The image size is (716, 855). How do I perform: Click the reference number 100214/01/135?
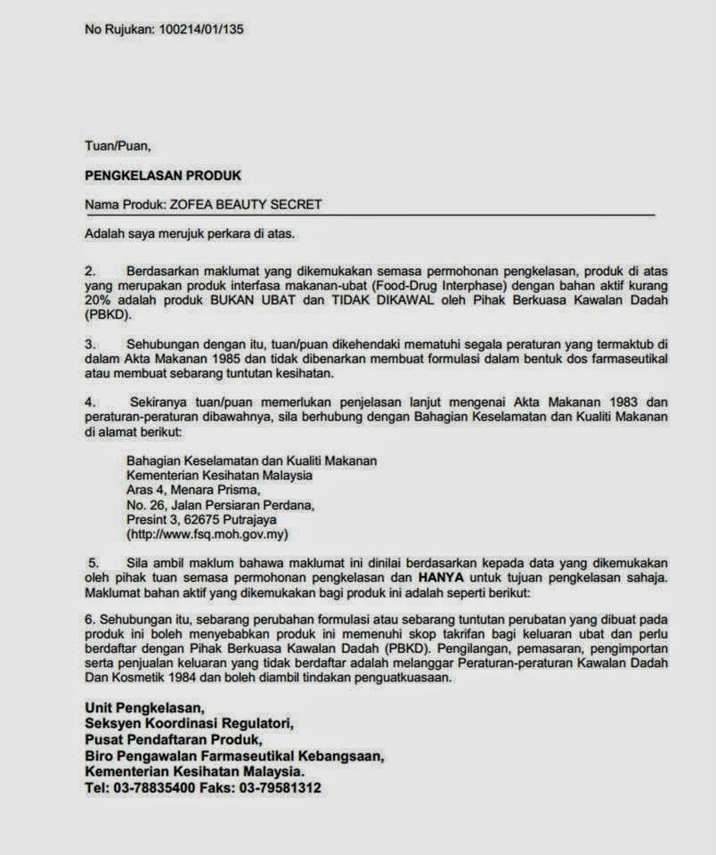(201, 29)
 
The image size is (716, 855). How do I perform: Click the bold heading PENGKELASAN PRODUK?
(163, 175)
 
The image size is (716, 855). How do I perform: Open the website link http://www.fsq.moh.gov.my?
(208, 534)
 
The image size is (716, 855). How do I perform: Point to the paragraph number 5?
(92, 563)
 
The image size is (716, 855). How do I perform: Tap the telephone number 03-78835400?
(146, 788)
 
